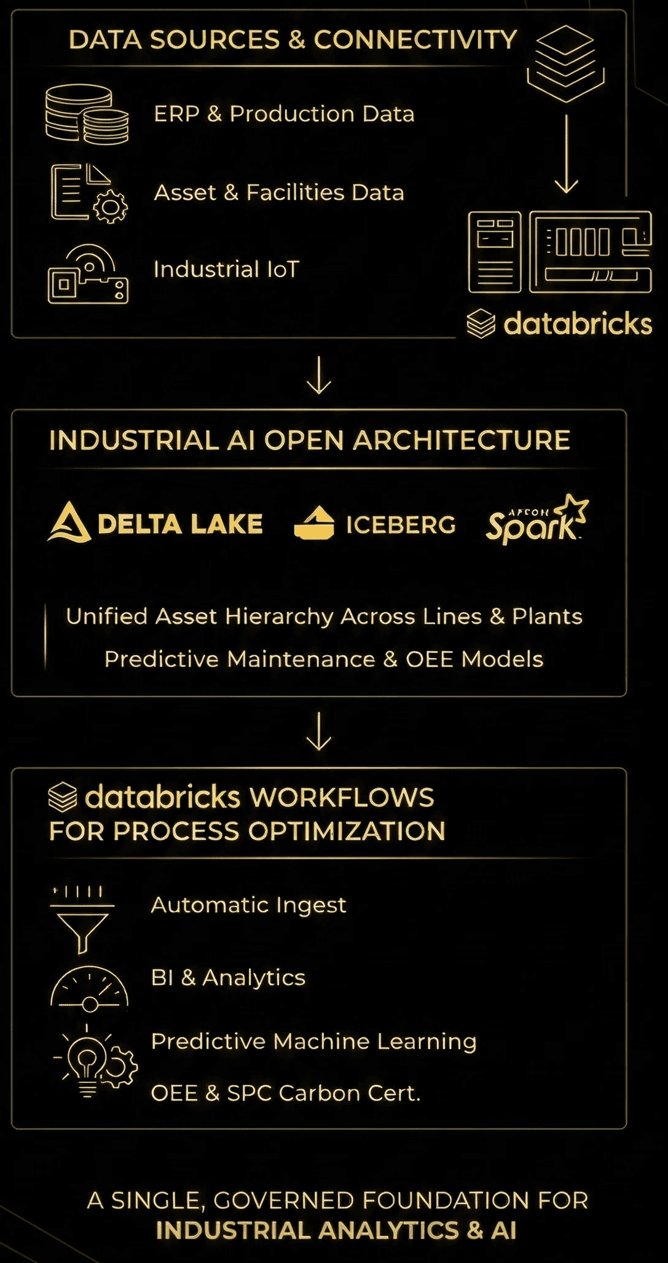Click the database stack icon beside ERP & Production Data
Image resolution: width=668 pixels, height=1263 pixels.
coord(87,114)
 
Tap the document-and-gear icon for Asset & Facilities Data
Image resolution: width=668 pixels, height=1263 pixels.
coord(88,193)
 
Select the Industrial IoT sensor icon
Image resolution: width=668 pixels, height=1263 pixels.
coord(88,274)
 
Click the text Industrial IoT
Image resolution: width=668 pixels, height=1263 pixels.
coord(226,269)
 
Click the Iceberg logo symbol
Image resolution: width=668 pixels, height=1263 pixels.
coord(314,523)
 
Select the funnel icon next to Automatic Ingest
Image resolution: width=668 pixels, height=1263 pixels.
coord(82,919)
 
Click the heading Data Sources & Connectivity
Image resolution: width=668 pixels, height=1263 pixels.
coord(293,40)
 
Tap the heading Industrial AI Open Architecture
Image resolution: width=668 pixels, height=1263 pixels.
coord(310,440)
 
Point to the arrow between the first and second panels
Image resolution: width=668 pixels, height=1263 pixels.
coord(319,374)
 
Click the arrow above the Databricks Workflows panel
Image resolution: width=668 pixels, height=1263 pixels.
coord(319,731)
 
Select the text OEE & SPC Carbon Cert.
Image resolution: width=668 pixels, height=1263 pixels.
coord(286,1093)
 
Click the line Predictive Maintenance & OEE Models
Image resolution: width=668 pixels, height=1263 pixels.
coord(324,659)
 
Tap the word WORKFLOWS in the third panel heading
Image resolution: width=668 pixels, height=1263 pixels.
coord(342,798)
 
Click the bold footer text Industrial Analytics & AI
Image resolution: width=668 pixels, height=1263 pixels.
coord(336,1230)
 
